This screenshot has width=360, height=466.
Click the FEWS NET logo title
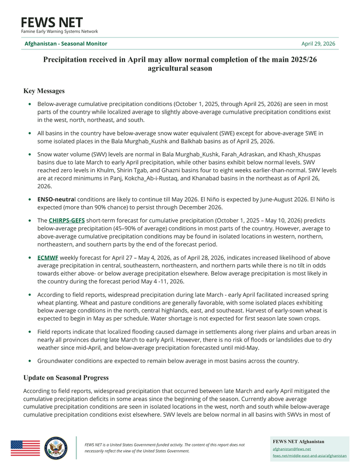click(x=51, y=23)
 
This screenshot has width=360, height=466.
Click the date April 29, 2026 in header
click(x=318, y=44)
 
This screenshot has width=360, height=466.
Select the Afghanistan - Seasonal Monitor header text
click(x=66, y=44)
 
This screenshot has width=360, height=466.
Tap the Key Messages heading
click(x=44, y=91)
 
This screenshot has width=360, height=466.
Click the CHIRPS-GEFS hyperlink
click(x=67, y=220)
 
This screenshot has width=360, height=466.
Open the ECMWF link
click(x=48, y=257)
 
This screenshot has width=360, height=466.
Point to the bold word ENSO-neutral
click(x=56, y=199)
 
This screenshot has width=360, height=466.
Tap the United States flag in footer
click(x=25, y=447)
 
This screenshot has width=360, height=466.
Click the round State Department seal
click(x=56, y=447)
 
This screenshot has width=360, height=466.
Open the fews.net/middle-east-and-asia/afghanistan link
click(x=309, y=456)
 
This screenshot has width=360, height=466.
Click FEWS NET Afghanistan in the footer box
click(x=298, y=441)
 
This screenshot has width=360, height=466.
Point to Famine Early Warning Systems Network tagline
click(x=59, y=32)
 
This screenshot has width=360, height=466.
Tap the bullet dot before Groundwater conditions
click(x=30, y=361)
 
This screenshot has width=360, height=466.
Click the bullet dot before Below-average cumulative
click(x=30, y=104)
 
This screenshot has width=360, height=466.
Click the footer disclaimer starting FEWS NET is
click(x=165, y=447)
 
